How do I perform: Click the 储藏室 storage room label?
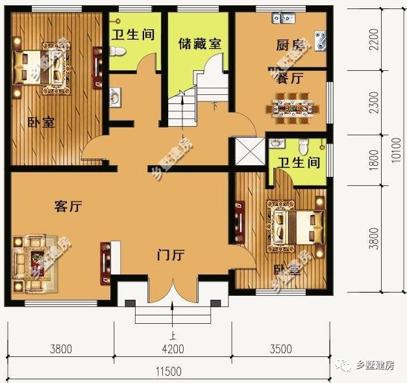click(x=199, y=45)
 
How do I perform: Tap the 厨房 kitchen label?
click(x=273, y=45)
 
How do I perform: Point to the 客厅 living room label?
click(x=67, y=207)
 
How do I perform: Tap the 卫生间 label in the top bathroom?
click(x=132, y=33)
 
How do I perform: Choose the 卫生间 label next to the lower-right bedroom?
click(x=297, y=163)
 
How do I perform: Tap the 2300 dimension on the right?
click(x=373, y=103)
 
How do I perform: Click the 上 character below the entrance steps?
click(x=173, y=336)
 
